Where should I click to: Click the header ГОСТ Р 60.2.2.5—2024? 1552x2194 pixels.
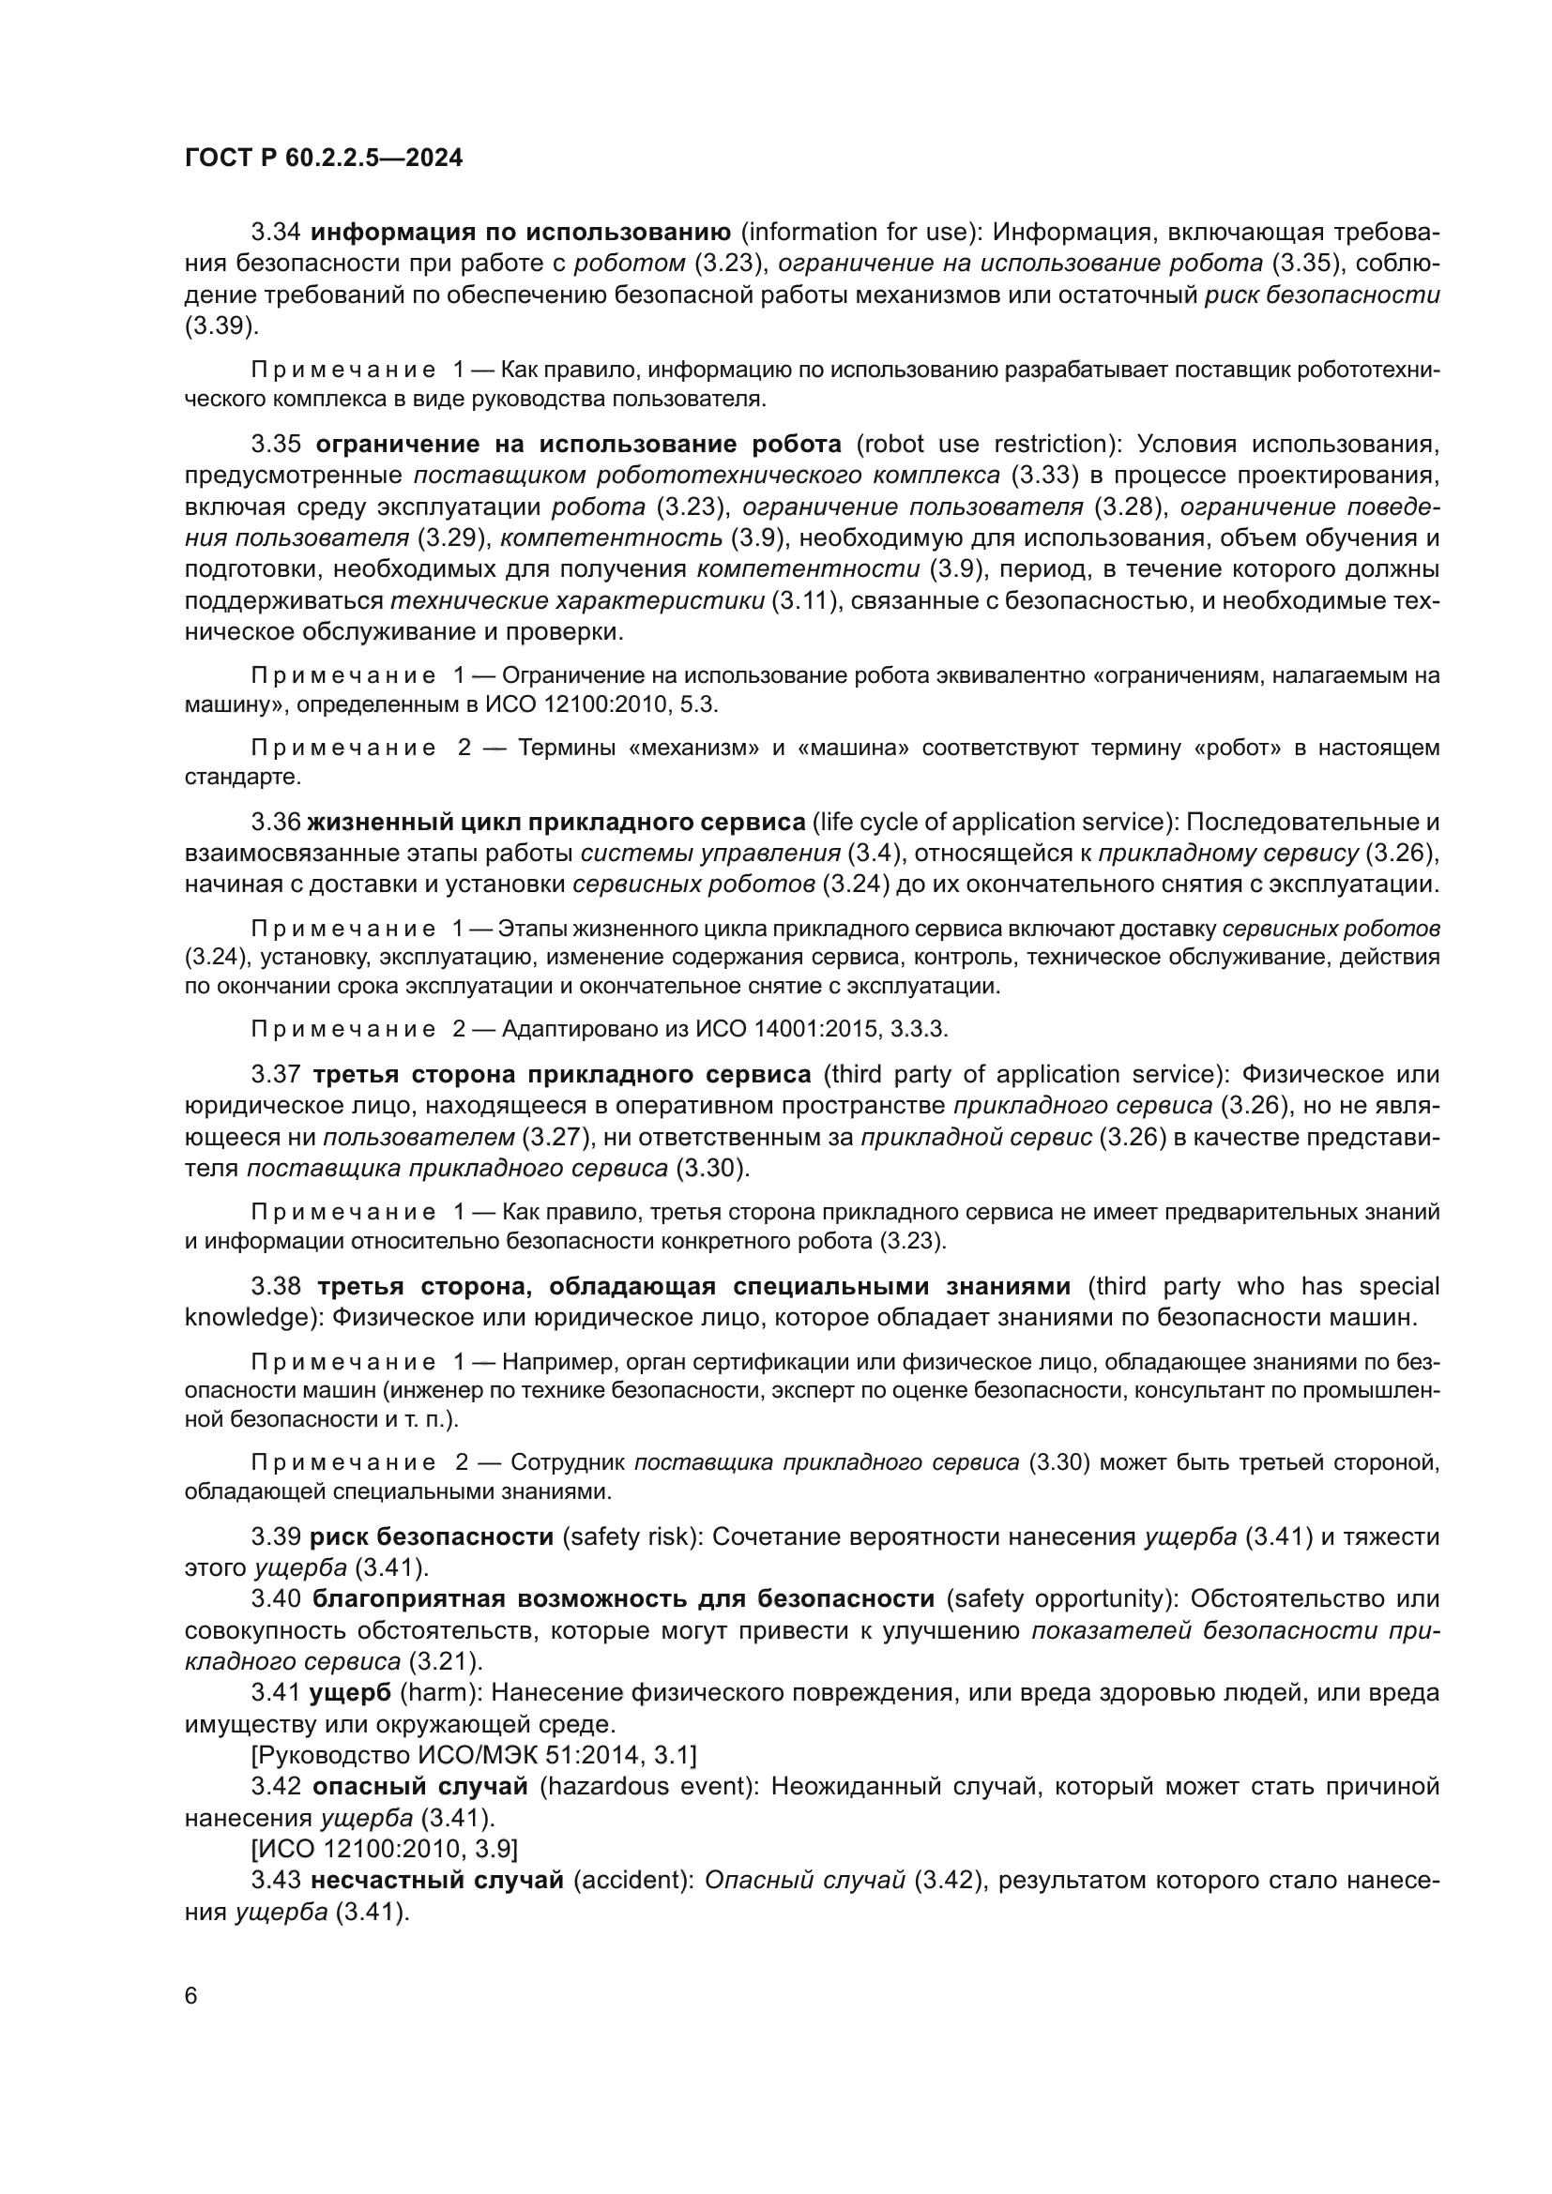[x=323, y=159]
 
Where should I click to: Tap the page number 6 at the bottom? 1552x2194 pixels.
[x=191, y=1996]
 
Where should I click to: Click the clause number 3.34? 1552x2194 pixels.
[x=275, y=233]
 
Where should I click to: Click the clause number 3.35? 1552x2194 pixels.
[x=275, y=445]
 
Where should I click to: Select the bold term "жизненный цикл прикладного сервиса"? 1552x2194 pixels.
[x=556, y=822]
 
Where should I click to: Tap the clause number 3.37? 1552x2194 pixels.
[x=275, y=1075]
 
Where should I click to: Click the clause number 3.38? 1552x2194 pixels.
[x=275, y=1286]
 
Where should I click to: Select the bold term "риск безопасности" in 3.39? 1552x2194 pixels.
[x=431, y=1537]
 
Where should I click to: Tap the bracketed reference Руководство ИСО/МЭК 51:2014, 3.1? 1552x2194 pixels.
[x=473, y=1755]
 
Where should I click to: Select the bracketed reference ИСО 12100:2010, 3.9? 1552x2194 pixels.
[x=385, y=1849]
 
